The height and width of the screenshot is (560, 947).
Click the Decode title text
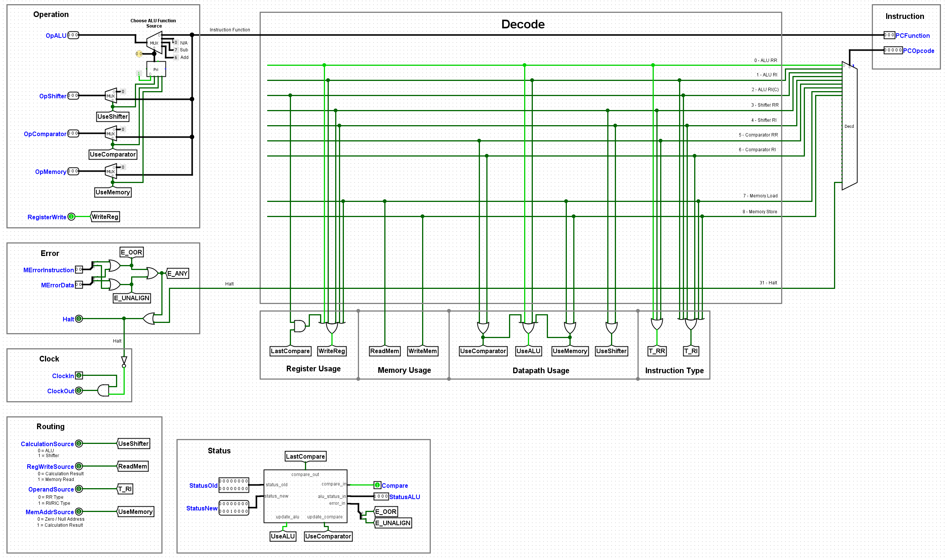(523, 24)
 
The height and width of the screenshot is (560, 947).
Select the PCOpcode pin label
(918, 51)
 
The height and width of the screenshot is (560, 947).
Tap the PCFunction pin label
(912, 36)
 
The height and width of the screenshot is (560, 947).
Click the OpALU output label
(56, 36)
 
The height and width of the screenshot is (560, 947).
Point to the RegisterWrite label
(47, 217)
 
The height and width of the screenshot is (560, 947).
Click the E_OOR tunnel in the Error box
(132, 252)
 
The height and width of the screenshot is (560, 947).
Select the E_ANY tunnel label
(177, 273)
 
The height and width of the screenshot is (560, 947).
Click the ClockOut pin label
(60, 391)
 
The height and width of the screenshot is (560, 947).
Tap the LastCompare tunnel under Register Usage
(290, 351)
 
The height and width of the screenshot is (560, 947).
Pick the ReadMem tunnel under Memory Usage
(385, 351)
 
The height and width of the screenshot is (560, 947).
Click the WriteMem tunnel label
(422, 351)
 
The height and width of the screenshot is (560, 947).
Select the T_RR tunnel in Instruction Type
(657, 351)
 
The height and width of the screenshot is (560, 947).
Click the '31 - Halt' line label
(768, 283)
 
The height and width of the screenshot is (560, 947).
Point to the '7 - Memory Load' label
(760, 196)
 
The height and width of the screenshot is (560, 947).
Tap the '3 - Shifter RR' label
(765, 105)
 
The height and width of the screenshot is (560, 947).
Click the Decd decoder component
(849, 126)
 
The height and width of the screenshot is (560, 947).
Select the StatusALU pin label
(404, 497)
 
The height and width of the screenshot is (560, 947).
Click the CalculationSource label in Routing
(47, 444)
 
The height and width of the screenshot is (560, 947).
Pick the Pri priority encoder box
(156, 69)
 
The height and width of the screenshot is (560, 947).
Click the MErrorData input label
(57, 285)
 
